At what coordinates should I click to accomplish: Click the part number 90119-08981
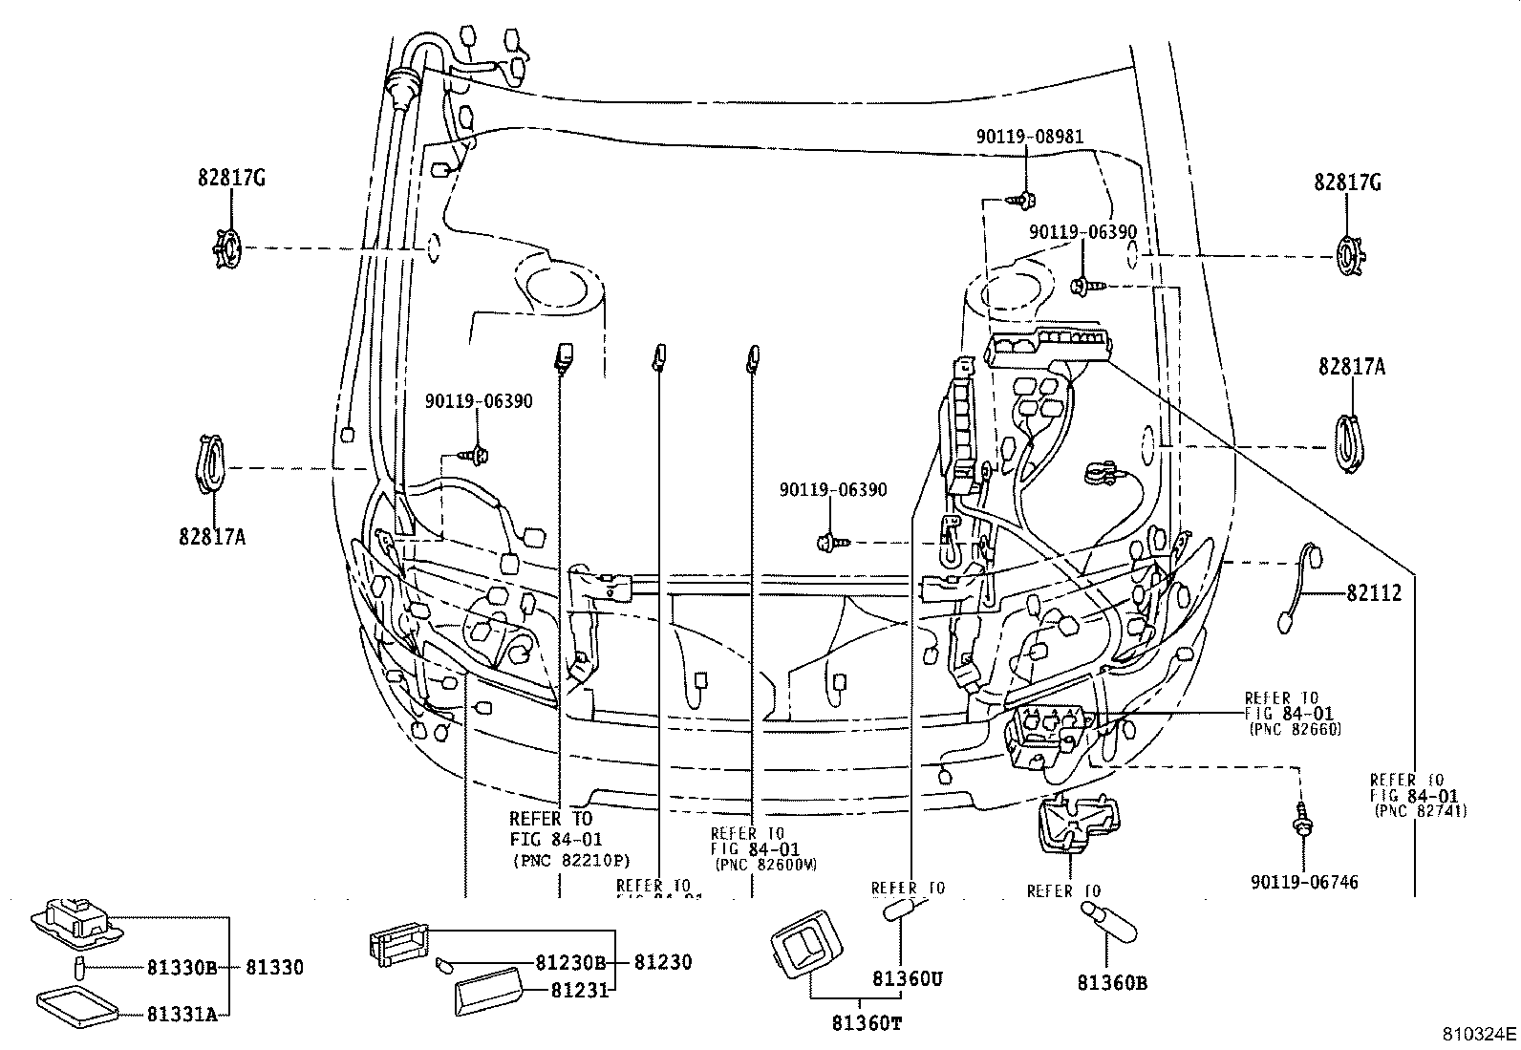pos(1030,137)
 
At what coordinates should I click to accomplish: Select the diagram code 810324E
pos(1479,1034)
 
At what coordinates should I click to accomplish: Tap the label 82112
pos(1374,593)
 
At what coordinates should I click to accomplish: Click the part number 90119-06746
pos(1304,882)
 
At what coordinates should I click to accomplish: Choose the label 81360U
pos(906,979)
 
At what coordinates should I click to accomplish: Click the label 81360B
pos(1112,981)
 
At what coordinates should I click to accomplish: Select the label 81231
pos(579,991)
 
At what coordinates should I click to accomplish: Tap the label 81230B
pos(571,963)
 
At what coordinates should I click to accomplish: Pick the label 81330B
pos(182,968)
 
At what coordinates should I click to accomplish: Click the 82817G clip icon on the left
pos(228,247)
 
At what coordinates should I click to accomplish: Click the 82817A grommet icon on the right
pos(1347,443)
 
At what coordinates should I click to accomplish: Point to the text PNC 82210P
pos(570,860)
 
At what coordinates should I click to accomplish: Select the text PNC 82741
pos(1421,810)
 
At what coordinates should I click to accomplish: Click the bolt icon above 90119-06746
pos(1301,821)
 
